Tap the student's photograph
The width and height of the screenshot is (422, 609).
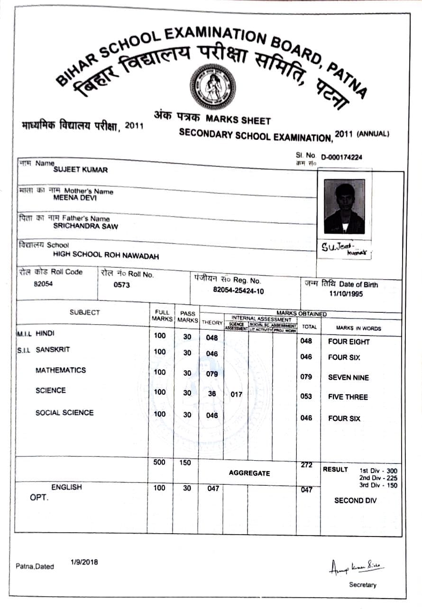(x=344, y=206)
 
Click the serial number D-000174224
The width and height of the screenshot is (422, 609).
(x=341, y=157)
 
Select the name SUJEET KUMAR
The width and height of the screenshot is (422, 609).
(x=80, y=170)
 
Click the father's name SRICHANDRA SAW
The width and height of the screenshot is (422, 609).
(x=85, y=226)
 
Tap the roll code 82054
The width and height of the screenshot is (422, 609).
(x=43, y=284)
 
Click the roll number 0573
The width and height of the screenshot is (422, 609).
(x=122, y=285)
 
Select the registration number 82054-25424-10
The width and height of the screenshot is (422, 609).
(x=239, y=291)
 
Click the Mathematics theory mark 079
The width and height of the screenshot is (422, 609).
(x=212, y=374)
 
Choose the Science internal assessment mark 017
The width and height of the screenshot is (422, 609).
(x=236, y=394)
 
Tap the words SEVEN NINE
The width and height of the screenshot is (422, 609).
(x=348, y=378)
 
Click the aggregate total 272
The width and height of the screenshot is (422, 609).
(x=306, y=465)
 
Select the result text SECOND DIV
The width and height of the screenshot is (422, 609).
(x=355, y=500)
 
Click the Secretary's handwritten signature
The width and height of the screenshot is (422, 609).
(x=357, y=567)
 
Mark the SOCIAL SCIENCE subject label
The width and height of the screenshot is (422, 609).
(x=64, y=413)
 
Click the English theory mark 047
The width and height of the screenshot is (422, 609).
(x=213, y=488)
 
